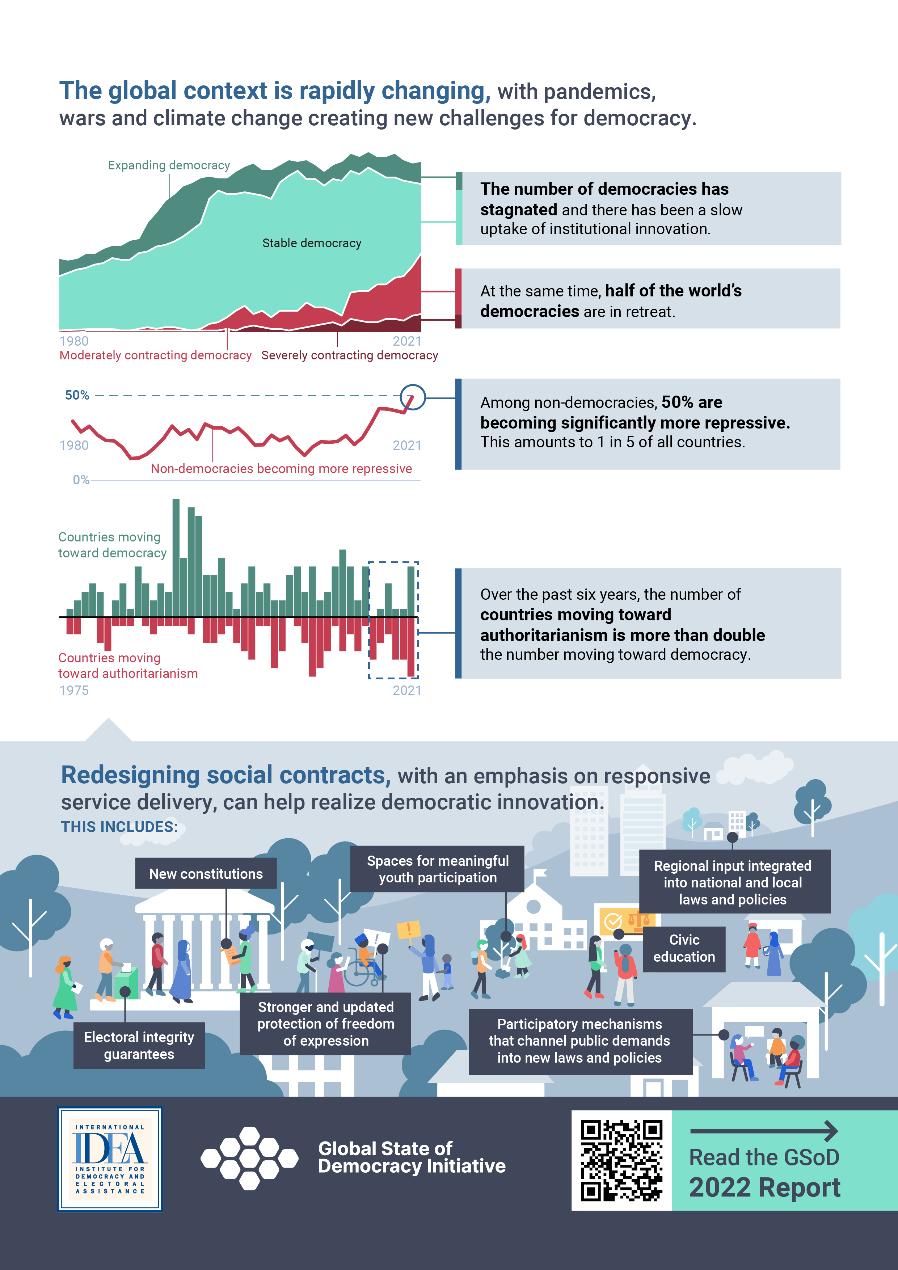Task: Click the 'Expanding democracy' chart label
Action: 169,165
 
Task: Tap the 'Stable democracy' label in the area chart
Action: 312,243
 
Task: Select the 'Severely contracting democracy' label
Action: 349,355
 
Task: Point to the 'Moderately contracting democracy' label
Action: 156,355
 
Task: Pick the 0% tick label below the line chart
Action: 81,480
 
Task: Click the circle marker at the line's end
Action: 412,397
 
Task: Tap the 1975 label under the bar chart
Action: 74,690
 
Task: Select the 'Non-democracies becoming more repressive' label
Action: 281,468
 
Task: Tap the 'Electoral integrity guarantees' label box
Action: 139,1045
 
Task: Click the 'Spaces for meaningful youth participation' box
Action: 437,869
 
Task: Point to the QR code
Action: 621,1160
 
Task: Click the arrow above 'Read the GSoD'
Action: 764,1131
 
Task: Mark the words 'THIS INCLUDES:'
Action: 119,827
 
